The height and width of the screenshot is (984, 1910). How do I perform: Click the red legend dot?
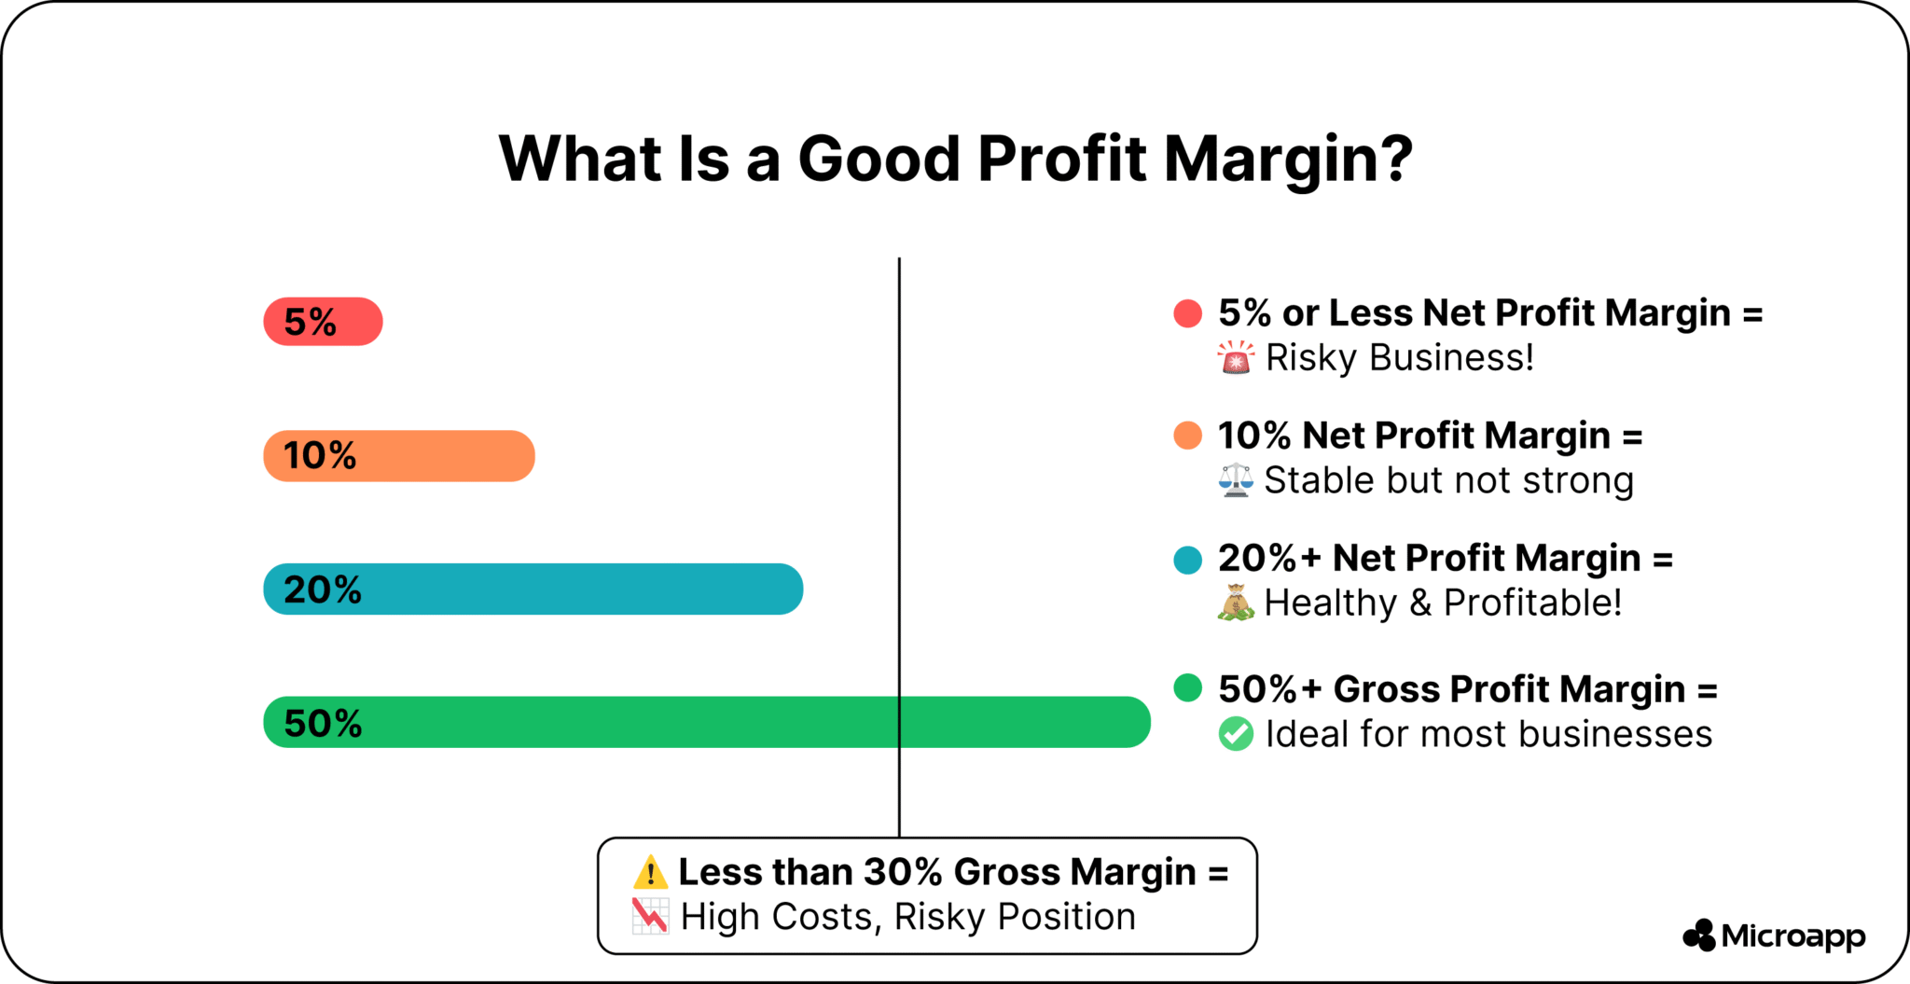tap(1187, 313)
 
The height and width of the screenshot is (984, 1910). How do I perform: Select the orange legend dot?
tap(1187, 436)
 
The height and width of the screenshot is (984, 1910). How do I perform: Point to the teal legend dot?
tap(1187, 560)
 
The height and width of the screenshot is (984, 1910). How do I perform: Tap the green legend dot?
tap(1187, 688)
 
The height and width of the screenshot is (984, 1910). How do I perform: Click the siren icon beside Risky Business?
tap(1236, 357)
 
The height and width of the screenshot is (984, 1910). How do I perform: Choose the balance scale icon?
tap(1236, 480)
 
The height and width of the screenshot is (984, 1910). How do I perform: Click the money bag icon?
tap(1236, 603)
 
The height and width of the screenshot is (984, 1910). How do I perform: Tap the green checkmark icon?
tap(1236, 734)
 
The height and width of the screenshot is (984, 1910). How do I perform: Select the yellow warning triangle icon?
tap(650, 872)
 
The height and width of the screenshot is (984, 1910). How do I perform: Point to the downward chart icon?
tap(650, 916)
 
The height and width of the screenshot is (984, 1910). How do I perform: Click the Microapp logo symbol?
tap(1699, 935)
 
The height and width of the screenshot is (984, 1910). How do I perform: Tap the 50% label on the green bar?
tap(323, 723)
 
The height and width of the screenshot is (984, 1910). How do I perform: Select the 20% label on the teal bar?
tap(323, 589)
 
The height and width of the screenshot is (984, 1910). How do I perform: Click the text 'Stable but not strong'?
tap(1448, 480)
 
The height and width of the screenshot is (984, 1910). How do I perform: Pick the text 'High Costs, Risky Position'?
tap(907, 917)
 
